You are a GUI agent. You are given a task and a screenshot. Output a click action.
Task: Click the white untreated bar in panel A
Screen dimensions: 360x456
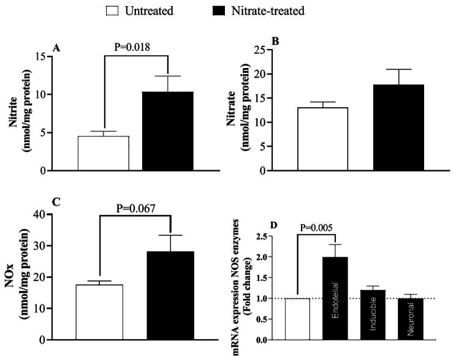(103, 154)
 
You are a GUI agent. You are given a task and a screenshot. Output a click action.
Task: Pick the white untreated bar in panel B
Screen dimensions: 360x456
(322, 139)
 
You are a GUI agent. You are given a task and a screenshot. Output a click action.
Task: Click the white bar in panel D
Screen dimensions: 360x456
(297, 319)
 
